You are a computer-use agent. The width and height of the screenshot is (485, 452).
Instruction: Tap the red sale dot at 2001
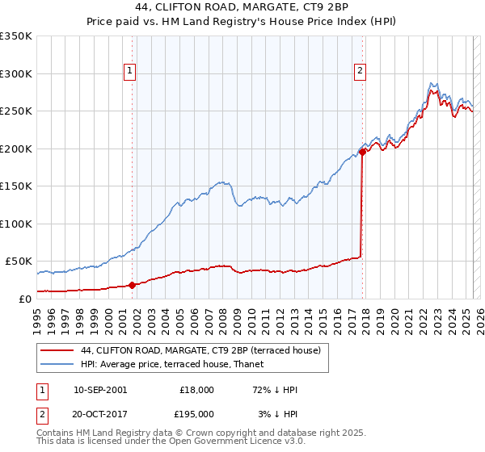pos(132,284)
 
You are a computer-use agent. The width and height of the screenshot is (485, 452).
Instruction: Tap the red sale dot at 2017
pos(362,151)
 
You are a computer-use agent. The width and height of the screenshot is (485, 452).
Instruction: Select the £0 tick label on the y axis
pos(25,299)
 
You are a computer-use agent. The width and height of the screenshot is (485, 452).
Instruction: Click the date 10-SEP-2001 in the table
pos(100,390)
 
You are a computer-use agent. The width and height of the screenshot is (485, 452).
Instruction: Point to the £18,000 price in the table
pos(196,390)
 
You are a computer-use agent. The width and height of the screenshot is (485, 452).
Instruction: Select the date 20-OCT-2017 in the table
pos(100,414)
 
